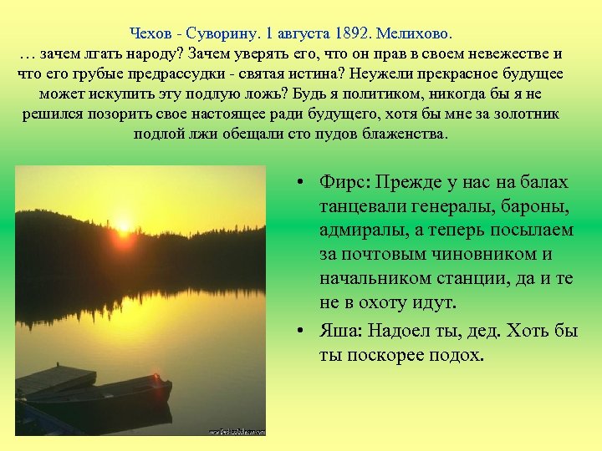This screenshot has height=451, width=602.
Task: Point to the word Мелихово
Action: (x=414, y=34)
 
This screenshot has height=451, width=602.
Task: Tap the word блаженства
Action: (x=408, y=134)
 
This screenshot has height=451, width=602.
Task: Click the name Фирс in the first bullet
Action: (x=344, y=182)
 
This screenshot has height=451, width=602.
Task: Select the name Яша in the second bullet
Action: (x=341, y=331)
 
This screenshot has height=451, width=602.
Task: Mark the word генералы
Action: (x=434, y=206)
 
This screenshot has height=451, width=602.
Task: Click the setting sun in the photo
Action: (x=124, y=224)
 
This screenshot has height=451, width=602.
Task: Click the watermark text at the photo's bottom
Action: (x=237, y=430)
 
